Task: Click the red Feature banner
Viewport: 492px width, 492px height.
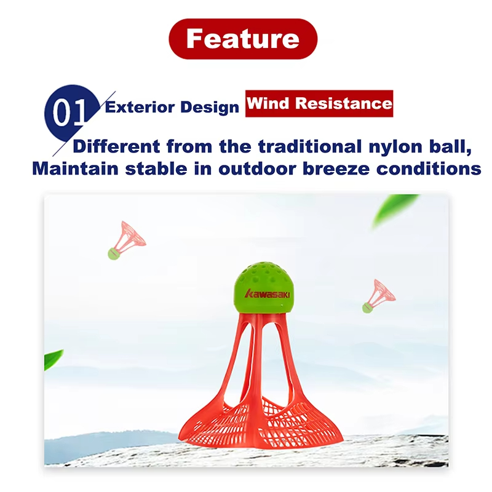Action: click(243, 39)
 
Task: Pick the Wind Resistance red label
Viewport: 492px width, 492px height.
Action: click(319, 103)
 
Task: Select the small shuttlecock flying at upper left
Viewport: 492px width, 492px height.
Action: click(126, 240)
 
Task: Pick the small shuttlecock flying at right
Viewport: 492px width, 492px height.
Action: click(378, 296)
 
